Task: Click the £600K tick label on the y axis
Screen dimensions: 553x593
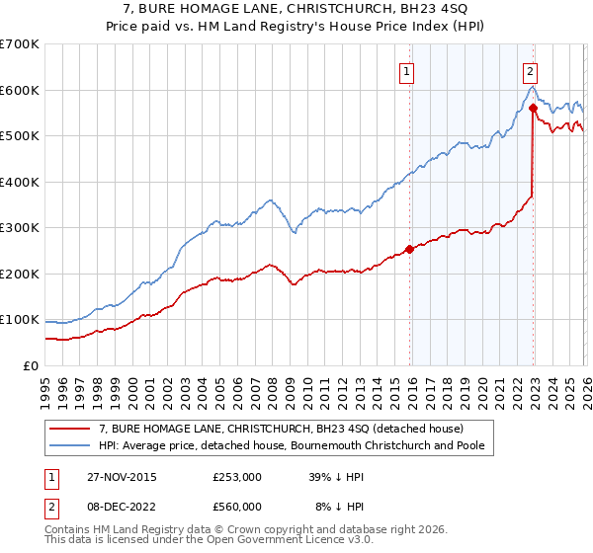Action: [x=20, y=90]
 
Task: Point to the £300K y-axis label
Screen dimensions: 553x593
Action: [x=20, y=228]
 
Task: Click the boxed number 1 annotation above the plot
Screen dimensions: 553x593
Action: [x=407, y=70]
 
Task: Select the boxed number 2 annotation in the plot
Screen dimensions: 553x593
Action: [x=531, y=70]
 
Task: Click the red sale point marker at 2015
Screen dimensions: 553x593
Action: [x=409, y=249]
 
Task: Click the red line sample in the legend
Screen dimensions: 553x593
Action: [x=71, y=429]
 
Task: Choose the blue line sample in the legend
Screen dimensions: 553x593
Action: [x=71, y=446]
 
